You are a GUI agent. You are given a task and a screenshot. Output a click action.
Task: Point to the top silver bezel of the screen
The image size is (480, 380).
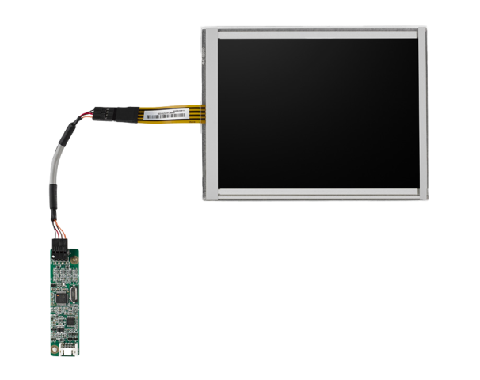click(317, 32)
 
